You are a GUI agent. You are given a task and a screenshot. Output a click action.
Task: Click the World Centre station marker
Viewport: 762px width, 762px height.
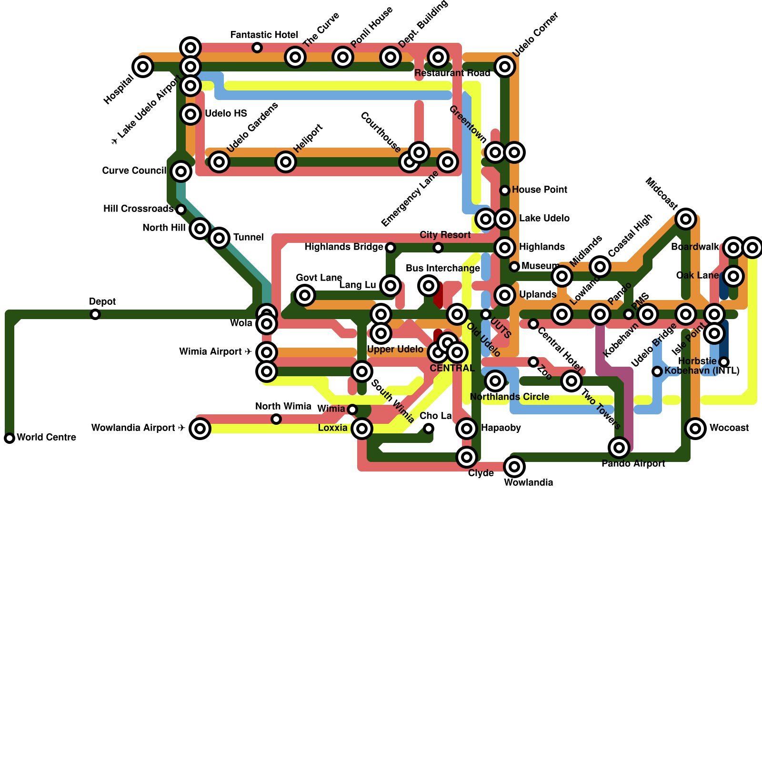pos(10,438)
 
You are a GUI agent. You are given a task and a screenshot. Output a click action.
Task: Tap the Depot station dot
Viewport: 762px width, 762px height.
pos(95,314)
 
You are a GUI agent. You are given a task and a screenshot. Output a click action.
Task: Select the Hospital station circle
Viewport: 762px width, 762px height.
pos(143,67)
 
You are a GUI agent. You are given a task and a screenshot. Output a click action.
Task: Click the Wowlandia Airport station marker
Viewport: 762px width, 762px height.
pos(200,429)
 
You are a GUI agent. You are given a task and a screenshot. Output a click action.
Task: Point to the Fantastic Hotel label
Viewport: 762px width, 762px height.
pos(264,35)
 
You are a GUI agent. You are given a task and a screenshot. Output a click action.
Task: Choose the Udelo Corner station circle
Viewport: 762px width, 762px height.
pos(505,67)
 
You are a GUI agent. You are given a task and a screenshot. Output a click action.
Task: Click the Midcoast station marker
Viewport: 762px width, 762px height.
pos(686,219)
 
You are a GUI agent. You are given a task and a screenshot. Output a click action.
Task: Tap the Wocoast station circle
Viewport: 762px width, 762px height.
pos(695,429)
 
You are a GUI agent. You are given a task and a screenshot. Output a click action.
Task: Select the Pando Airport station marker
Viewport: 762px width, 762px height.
pos(619,448)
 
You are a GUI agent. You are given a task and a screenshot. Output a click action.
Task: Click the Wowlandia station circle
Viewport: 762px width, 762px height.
pos(514,467)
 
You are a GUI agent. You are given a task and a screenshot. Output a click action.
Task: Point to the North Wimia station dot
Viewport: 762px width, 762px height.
pos(276,419)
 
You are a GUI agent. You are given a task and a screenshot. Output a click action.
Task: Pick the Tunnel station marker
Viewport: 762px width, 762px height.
pos(219,238)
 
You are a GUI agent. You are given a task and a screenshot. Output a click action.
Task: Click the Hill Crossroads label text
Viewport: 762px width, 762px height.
pos(138,209)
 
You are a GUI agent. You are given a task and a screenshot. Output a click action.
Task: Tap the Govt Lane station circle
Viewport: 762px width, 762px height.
pos(305,295)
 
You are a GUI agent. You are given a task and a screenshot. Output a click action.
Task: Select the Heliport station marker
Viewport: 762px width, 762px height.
pos(286,162)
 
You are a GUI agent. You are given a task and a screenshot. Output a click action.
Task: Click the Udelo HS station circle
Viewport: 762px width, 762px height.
pos(190,114)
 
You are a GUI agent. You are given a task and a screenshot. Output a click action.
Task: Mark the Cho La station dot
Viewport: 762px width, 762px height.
pos(429,429)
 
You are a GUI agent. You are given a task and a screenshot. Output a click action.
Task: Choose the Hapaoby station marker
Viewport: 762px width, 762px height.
pos(467,429)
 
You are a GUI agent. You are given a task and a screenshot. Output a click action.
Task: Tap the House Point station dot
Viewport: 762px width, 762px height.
pos(505,190)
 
